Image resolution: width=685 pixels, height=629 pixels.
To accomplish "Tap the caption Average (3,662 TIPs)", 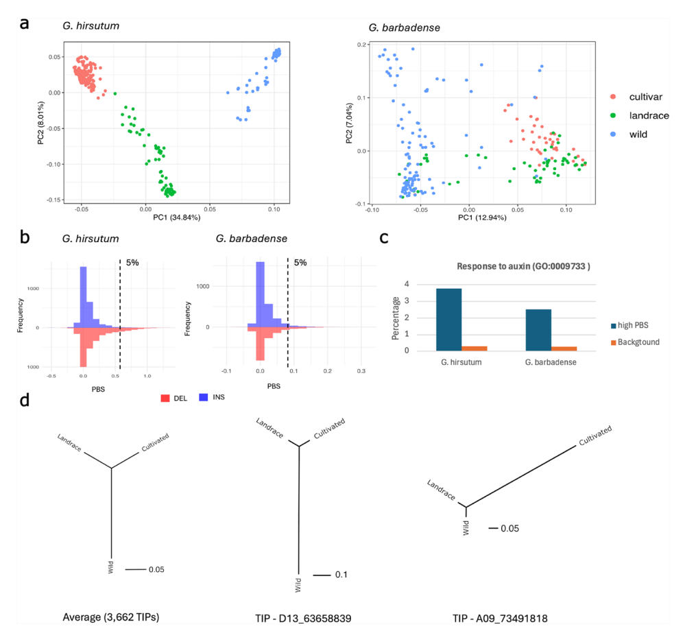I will (110, 617).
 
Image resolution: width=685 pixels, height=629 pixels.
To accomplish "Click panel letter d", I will (25, 399).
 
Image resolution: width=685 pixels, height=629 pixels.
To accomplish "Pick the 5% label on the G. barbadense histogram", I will (300, 262).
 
